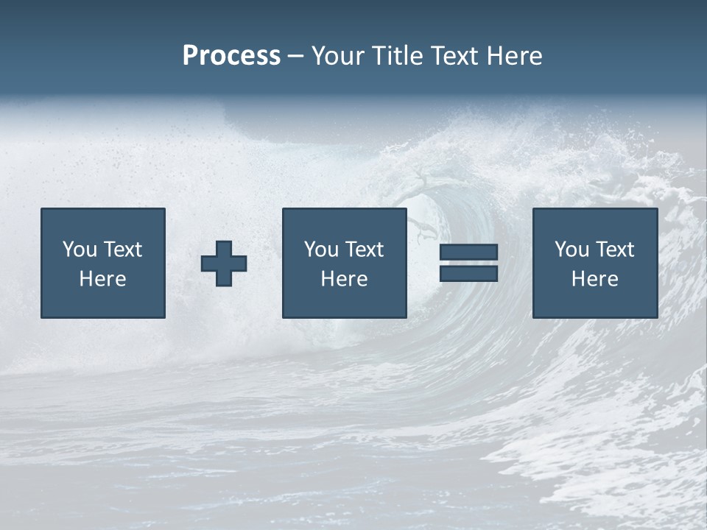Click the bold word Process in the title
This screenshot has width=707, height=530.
click(x=231, y=56)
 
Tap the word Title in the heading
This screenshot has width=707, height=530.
click(x=395, y=56)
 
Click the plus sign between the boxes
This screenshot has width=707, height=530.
click(x=224, y=263)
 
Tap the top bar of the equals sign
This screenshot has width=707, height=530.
click(x=468, y=252)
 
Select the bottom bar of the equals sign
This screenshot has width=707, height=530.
click(x=468, y=274)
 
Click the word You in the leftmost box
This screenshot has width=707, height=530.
click(x=80, y=250)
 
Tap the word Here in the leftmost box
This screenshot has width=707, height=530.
click(x=102, y=279)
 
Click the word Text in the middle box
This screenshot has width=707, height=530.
click(x=364, y=250)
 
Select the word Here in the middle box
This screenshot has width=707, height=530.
click(x=344, y=279)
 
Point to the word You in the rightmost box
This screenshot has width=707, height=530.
click(x=571, y=250)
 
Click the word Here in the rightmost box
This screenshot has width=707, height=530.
click(x=594, y=279)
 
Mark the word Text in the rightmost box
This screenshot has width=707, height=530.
click(x=614, y=250)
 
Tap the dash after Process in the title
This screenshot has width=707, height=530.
click(x=295, y=57)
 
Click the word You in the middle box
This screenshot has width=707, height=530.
click(x=321, y=250)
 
